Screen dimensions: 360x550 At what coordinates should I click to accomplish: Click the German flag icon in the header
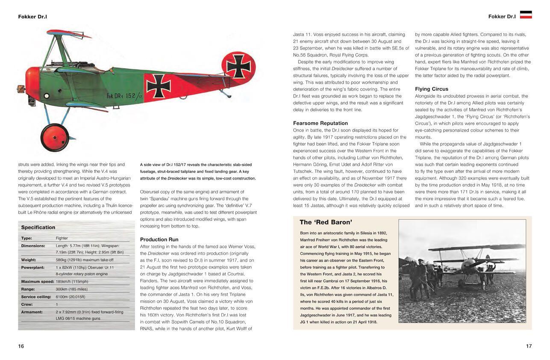(x=526, y=15)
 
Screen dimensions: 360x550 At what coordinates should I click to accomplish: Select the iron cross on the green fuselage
(x=159, y=86)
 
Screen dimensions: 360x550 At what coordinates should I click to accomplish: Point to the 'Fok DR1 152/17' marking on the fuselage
(x=124, y=96)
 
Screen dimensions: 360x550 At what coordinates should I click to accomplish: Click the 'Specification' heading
(x=38, y=227)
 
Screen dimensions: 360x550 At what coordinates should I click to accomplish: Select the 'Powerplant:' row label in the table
(x=33, y=267)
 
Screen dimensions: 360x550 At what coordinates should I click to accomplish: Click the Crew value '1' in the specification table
(x=57, y=304)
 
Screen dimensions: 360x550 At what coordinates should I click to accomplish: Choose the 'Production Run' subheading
(x=159, y=239)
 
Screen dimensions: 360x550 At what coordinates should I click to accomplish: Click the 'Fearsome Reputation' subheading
(x=320, y=123)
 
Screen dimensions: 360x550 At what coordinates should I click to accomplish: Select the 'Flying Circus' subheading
(x=431, y=89)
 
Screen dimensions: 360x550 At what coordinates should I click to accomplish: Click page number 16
(x=21, y=346)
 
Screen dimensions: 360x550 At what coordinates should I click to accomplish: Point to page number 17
(x=529, y=346)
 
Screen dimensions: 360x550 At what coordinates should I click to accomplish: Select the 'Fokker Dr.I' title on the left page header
(x=32, y=17)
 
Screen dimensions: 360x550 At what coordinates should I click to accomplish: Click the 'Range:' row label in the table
(x=28, y=289)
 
